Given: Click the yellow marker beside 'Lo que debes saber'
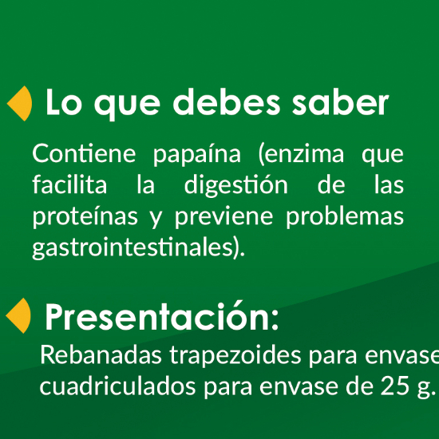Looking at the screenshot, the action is [x=20, y=103].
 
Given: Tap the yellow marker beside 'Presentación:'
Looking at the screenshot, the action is [x=19, y=315].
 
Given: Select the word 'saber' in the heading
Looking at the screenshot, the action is [x=340, y=102].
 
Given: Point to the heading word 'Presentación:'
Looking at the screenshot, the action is [x=162, y=316].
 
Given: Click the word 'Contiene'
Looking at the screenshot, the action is [x=84, y=153].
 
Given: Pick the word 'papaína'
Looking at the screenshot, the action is [x=197, y=155].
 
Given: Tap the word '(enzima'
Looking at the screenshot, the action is [x=301, y=154].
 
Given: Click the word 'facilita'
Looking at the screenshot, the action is [x=69, y=184].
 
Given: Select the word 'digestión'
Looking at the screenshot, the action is [x=236, y=185].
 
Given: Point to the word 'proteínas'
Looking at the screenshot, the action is [x=85, y=216].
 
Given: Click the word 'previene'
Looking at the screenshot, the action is [x=223, y=217].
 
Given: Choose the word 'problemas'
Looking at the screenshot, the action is [x=345, y=216].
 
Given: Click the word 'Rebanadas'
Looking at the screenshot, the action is [x=101, y=354].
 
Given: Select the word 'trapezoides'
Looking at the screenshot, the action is [x=235, y=356].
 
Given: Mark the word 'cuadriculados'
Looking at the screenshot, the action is [x=117, y=386].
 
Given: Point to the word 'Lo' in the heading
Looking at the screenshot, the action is [x=64, y=102].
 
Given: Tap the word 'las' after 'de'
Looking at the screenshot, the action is [x=390, y=184].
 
